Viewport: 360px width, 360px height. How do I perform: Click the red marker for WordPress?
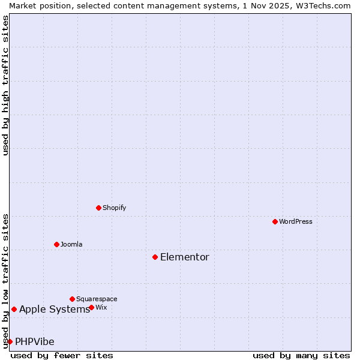pos(275,221)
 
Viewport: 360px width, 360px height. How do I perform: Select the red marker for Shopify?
pos(98,208)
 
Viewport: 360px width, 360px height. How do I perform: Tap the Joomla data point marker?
pos(56,244)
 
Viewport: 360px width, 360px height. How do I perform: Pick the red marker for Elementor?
pos(155,257)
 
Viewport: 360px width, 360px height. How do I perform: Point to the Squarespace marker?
pos(72,299)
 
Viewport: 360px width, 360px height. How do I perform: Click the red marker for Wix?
pos(91,307)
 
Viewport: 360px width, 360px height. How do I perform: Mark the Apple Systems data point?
pos(14,309)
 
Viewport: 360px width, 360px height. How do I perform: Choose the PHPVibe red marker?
pos(10,341)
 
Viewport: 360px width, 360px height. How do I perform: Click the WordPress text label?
pos(296,222)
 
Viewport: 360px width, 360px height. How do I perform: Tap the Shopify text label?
pos(115,208)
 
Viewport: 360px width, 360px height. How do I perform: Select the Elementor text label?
pos(185,257)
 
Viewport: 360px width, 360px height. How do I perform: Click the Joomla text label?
pos(71,245)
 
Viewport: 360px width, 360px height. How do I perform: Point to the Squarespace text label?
pos(97,299)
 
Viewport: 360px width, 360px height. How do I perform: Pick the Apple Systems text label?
pos(55,310)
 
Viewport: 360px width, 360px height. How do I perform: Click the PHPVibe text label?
pos(35,342)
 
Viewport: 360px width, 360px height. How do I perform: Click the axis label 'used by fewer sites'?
pos(62,355)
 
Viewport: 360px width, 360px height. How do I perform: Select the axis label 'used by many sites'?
pos(301,355)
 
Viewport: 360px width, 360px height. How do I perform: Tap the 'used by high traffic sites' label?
pos(5,85)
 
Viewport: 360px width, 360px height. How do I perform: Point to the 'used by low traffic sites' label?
pos(5,280)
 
